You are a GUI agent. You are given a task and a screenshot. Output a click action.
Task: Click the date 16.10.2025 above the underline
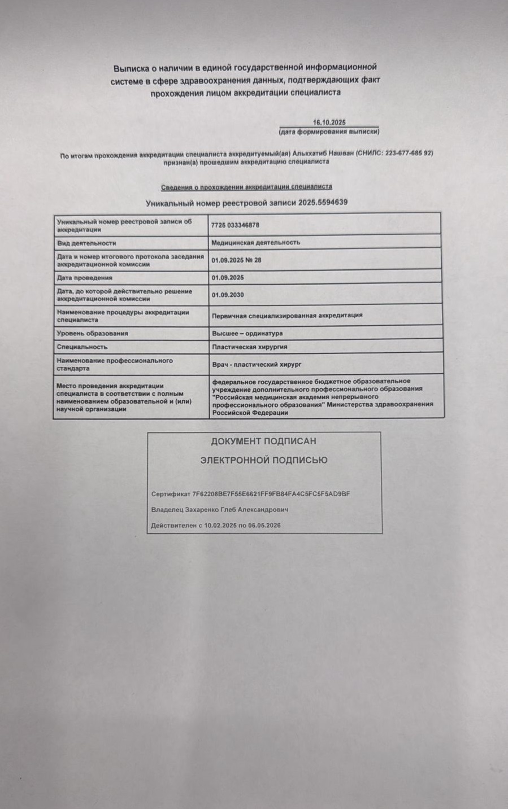pos(329,122)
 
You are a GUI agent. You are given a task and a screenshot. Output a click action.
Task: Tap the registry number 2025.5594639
pos(323,202)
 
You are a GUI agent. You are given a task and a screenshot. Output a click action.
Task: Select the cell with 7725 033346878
pos(235,225)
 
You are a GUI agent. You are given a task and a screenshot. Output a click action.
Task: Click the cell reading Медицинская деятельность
pos(255,242)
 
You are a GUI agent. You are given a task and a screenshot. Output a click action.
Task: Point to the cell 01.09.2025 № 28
pos(236,260)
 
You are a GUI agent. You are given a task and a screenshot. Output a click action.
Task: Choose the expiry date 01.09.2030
pos(228,295)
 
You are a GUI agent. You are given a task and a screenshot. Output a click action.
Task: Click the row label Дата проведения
pos(85,278)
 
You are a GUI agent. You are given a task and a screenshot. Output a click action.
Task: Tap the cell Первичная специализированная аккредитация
pos(287,315)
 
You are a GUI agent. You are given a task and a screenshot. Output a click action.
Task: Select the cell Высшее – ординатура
pos(247,333)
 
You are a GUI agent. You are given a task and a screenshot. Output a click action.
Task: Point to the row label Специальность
pos(82,347)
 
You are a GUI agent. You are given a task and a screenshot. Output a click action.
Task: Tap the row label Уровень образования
pos(93,333)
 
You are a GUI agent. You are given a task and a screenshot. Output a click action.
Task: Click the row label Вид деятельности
pos(86,243)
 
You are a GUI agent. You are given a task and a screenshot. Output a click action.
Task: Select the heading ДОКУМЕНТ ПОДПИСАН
pos(263,441)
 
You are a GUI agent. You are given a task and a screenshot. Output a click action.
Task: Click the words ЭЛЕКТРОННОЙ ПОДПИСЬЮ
pos(264,460)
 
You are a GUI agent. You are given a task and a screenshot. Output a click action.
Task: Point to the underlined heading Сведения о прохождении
pos(246,187)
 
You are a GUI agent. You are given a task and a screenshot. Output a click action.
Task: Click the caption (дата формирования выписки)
pos(329,132)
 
